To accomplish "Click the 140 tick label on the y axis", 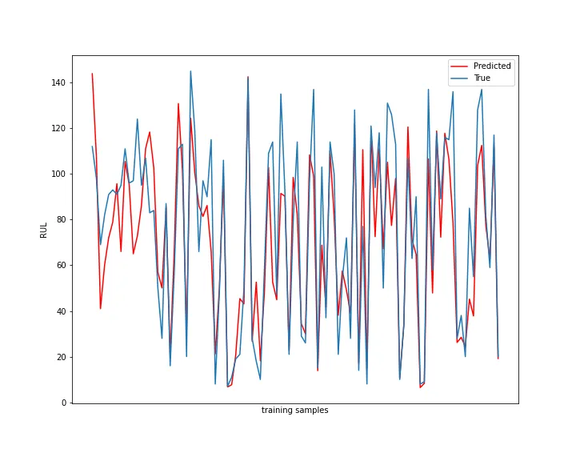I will (x=58, y=82).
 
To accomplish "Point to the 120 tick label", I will (x=58, y=128).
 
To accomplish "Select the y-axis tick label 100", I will (x=58, y=174).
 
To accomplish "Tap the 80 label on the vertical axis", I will (x=61, y=219).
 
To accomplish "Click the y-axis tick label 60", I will (x=61, y=266).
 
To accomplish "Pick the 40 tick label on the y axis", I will (x=61, y=311).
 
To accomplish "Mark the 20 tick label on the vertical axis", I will (x=61, y=357).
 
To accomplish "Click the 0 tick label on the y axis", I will (x=63, y=403).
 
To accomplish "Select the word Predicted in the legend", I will (x=492, y=66).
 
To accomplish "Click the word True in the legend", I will (x=482, y=78).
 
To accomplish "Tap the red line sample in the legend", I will (x=460, y=66).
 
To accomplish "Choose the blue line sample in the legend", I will (x=460, y=78).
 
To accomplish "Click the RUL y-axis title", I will (x=44, y=230).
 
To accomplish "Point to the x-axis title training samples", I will (x=294, y=411).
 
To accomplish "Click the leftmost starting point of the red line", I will (x=92, y=74).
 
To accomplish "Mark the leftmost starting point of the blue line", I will (x=92, y=146).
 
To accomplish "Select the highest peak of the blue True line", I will (x=190, y=71).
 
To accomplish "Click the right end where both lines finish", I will (x=498, y=358).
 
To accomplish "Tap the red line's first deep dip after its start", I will (x=100, y=308).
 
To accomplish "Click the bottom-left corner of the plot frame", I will (x=72, y=403).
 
